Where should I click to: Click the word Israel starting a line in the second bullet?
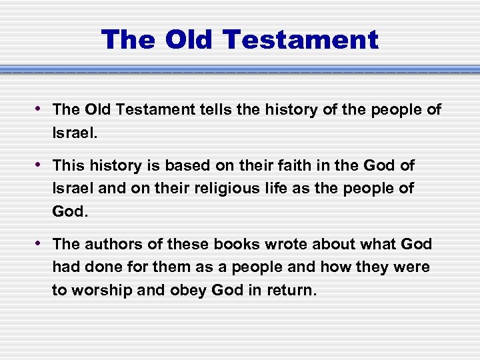pyautogui.click(x=73, y=189)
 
